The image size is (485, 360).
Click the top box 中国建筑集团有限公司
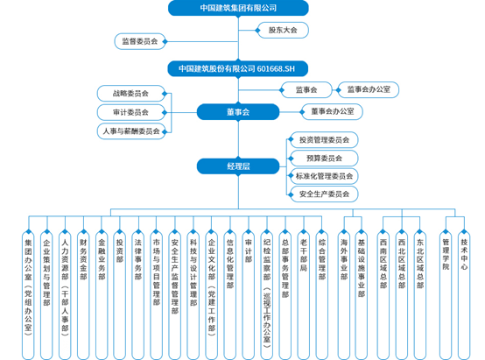pyautogui.click(x=238, y=8)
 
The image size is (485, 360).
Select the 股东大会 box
pyautogui.click(x=283, y=30)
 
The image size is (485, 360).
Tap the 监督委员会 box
pyautogui.click(x=140, y=41)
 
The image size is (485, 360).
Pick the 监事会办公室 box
pyautogui.click(x=368, y=89)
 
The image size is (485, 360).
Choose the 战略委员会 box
pyautogui.click(x=130, y=94)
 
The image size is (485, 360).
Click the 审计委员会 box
pyautogui.click(x=130, y=112)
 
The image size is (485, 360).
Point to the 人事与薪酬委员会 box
pyautogui.click(x=131, y=131)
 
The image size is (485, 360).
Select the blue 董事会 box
pyautogui.click(x=238, y=112)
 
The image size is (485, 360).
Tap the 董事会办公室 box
pyautogui.click(x=332, y=111)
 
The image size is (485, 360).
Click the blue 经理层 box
pyautogui.click(x=238, y=166)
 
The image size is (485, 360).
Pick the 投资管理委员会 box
pyautogui.click(x=324, y=140)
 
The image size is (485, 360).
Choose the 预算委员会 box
pyautogui.click(x=324, y=159)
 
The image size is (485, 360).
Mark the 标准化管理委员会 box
pyautogui.click(x=324, y=176)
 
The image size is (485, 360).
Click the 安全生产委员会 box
pyautogui.click(x=324, y=194)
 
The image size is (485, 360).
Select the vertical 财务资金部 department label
pyautogui.click(x=83, y=259)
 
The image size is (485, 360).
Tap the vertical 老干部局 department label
pyautogui.click(x=304, y=255)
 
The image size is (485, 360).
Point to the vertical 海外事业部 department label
pyautogui.click(x=344, y=259)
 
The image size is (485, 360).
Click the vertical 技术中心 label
pyautogui.click(x=464, y=254)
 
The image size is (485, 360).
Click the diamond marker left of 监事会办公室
pyautogui.click(x=338, y=90)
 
